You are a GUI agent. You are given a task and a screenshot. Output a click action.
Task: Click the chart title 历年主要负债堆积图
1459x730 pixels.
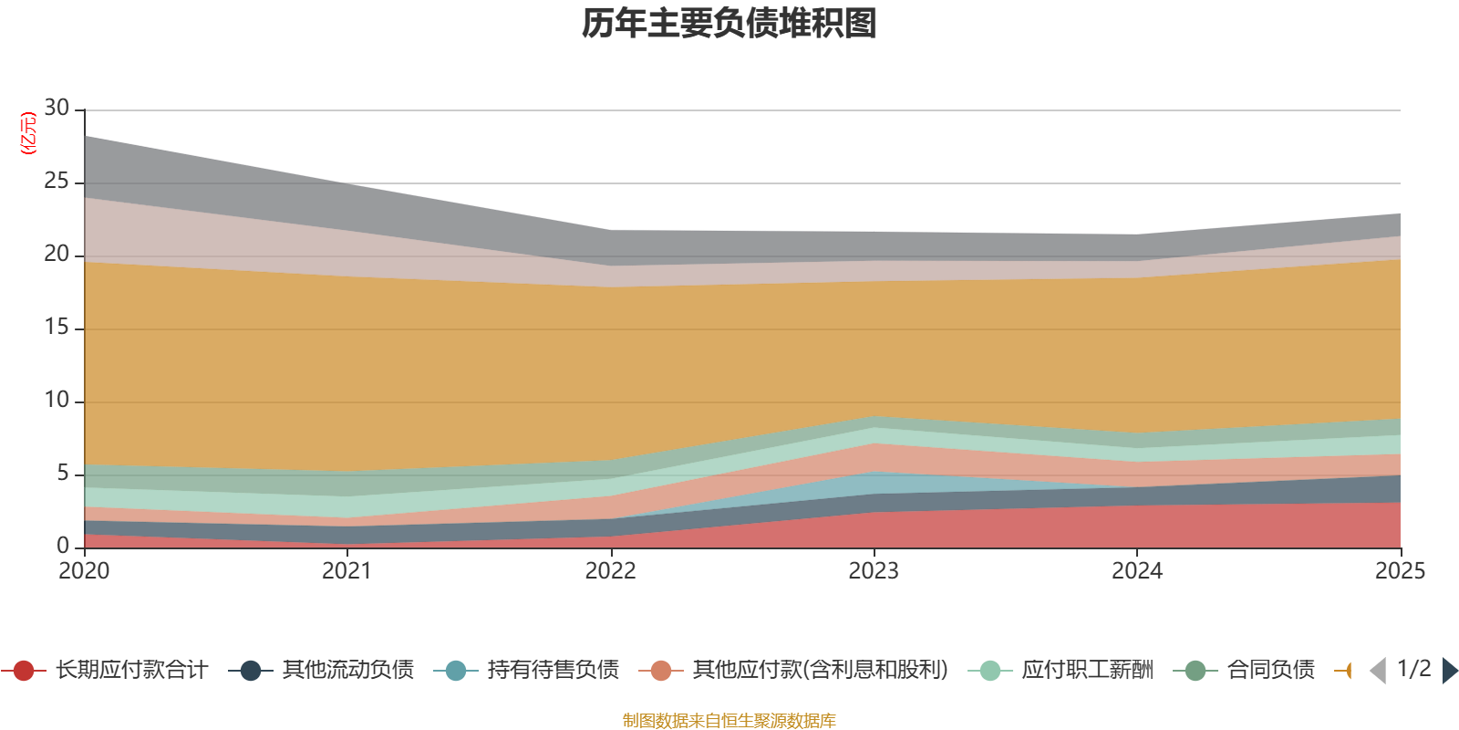point(729,24)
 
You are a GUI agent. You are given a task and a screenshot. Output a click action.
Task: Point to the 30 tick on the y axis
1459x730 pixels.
point(57,109)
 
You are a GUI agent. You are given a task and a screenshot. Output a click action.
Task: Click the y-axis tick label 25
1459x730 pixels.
point(57,182)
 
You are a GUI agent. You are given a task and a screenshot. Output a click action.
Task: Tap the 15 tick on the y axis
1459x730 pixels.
point(57,328)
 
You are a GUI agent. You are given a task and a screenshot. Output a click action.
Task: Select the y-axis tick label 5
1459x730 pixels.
point(62,473)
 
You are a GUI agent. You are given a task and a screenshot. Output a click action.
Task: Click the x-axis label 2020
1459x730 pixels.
point(84,571)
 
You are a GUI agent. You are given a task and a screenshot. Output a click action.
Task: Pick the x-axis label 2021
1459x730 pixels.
point(347,571)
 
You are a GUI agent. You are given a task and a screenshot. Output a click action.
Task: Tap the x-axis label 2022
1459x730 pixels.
point(610,571)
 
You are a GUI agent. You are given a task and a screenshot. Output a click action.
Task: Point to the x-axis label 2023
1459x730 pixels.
point(874,571)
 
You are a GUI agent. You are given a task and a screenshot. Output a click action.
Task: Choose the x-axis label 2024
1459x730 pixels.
point(1136,571)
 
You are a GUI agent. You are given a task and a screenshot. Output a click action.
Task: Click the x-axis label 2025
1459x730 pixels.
point(1399,571)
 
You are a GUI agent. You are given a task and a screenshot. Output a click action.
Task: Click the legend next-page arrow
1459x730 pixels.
point(1449,671)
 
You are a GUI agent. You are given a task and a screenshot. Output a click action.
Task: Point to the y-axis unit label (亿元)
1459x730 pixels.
point(28,133)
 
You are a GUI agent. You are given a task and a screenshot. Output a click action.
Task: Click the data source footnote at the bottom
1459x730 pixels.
point(729,721)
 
